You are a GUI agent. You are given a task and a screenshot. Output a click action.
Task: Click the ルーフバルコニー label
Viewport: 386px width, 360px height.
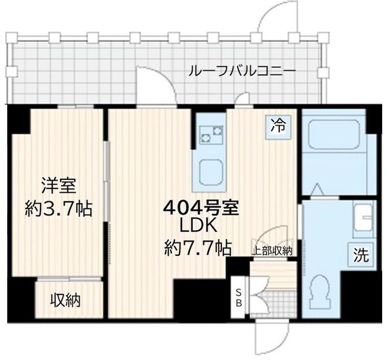click(x=241, y=71)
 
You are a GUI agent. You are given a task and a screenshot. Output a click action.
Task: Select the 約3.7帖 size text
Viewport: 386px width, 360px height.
click(x=59, y=208)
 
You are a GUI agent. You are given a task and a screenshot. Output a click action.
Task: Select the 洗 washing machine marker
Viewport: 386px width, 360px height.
click(x=361, y=254)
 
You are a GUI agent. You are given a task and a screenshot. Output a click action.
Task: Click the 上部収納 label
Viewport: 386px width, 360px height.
click(x=273, y=251)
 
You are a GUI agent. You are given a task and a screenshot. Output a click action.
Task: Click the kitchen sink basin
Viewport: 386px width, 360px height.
click(x=210, y=170)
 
